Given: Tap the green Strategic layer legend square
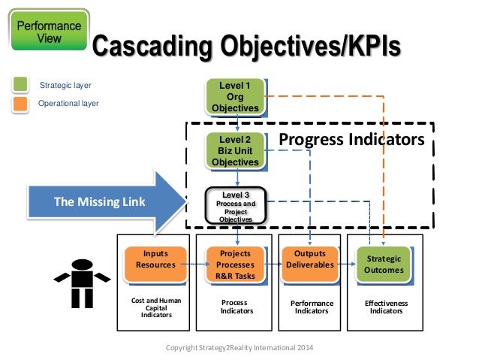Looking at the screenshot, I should [x=20, y=84].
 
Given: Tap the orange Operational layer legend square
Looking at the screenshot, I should [x=20, y=102].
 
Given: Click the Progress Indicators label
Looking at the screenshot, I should [x=351, y=140].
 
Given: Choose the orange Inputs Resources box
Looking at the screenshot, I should [x=155, y=259].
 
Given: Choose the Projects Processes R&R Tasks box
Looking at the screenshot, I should [x=234, y=264].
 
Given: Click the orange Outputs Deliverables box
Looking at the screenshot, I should [x=310, y=259].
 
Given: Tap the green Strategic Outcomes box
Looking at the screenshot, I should [x=384, y=264].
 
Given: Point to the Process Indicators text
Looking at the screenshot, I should [x=234, y=307].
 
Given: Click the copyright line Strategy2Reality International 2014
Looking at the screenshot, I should [x=239, y=348].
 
